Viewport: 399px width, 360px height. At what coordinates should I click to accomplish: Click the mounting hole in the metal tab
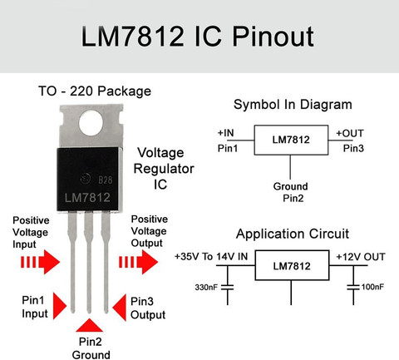pyautogui.click(x=91, y=123)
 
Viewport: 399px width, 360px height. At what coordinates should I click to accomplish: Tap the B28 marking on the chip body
pyautogui.click(x=106, y=180)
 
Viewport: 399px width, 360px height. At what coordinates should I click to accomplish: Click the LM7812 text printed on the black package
pyautogui.click(x=87, y=198)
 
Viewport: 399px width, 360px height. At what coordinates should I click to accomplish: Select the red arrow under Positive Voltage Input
pyautogui.click(x=40, y=262)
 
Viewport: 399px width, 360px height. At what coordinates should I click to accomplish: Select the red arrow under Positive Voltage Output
pyautogui.click(x=138, y=262)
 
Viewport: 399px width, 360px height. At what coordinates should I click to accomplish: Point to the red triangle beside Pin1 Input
pyautogui.click(x=60, y=306)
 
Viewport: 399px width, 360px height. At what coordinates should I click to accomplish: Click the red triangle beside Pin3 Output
pyautogui.click(x=120, y=308)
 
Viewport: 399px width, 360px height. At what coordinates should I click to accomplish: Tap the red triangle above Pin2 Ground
pyautogui.click(x=89, y=325)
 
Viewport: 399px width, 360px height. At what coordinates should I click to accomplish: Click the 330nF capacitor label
pyautogui.click(x=206, y=287)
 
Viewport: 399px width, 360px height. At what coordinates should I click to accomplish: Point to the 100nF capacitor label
pyautogui.click(x=372, y=287)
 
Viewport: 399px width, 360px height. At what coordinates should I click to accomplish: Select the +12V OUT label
pyautogui.click(x=361, y=257)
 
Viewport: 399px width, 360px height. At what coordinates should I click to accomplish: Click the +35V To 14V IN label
pyautogui.click(x=211, y=257)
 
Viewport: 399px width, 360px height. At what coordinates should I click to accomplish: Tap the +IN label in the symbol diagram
pyautogui.click(x=225, y=133)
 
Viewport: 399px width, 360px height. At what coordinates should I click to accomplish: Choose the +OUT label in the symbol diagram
pyautogui.click(x=350, y=134)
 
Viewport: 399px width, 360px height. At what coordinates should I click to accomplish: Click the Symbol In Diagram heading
pyautogui.click(x=293, y=105)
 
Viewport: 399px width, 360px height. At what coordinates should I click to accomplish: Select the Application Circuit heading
pyautogui.click(x=293, y=234)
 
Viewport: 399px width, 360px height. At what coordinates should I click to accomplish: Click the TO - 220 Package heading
pyautogui.click(x=95, y=91)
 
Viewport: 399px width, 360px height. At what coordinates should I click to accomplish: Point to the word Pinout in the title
pyautogui.click(x=273, y=37)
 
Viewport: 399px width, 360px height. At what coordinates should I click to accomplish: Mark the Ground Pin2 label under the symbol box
pyautogui.click(x=291, y=192)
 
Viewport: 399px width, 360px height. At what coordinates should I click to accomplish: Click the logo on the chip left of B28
pyautogui.click(x=86, y=179)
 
